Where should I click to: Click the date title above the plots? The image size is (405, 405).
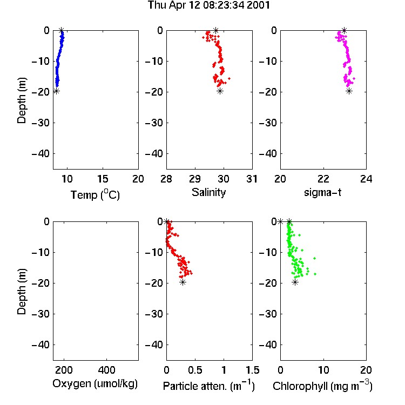[x=208, y=5]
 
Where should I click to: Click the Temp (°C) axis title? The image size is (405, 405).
[x=95, y=194]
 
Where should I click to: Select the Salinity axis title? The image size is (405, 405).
[x=208, y=193]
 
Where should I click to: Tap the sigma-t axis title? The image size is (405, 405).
[x=322, y=192]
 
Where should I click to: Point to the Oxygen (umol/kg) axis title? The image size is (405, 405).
[x=95, y=384]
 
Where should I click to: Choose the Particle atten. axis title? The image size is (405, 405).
[x=209, y=386]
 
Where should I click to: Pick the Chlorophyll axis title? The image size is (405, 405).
[x=322, y=386]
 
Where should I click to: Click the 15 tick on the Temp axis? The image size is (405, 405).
[x=103, y=179]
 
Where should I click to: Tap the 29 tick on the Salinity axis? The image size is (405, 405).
[x=195, y=179]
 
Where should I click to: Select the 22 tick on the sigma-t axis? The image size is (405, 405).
[x=323, y=179]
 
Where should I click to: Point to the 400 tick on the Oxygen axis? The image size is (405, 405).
[x=107, y=370]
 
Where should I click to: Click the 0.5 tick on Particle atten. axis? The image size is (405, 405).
[x=195, y=370]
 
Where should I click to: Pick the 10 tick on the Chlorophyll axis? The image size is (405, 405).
[x=323, y=370]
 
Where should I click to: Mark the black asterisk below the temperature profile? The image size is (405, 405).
[x=56, y=91]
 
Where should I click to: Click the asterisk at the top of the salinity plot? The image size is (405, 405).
[x=216, y=30]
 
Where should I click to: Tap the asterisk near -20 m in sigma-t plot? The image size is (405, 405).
[x=349, y=91]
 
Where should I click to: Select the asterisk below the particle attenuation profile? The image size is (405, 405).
[x=183, y=282]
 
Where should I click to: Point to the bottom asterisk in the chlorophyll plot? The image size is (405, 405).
[x=295, y=282]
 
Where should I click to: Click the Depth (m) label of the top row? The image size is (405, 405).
[x=22, y=100]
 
